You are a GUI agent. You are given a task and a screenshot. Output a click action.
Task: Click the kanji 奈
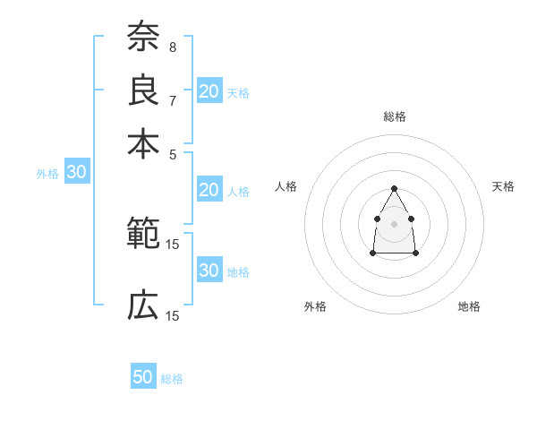coord(143,37)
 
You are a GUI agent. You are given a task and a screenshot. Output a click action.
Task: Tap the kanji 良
coord(143,90)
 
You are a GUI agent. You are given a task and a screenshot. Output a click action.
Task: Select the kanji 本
coord(143,143)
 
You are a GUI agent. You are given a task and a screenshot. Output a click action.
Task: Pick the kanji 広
coord(143,307)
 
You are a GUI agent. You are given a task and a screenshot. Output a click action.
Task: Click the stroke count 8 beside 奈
coord(173,47)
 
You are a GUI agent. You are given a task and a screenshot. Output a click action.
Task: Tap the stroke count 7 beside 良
coord(173,99)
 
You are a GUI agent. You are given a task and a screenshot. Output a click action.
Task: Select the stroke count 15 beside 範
coord(173,244)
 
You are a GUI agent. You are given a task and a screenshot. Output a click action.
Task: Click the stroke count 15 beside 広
coord(173,316)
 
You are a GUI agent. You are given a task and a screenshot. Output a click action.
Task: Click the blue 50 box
coord(143,377)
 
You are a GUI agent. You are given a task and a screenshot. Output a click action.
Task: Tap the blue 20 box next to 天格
coord(209,90)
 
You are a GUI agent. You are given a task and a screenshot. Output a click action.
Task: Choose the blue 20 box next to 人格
coord(209,190)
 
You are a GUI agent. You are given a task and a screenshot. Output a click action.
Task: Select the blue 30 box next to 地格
coord(209,271)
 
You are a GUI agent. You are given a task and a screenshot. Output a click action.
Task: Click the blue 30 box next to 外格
coord(76,173)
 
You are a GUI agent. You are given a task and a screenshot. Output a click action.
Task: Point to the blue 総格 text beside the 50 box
coord(172,379)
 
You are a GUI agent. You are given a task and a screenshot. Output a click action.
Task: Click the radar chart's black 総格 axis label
coord(394,116)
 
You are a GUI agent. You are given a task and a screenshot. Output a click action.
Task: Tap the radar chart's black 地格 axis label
coord(469,306)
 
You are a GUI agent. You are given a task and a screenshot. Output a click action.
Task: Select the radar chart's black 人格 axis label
coord(286,186)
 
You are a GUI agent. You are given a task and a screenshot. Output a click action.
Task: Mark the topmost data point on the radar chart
coord(394,188)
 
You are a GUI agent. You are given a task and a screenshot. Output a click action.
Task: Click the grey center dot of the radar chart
coord(394,222)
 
